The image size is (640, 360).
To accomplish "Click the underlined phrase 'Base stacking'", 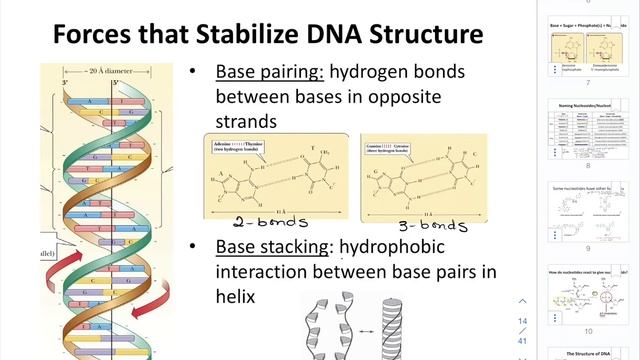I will pyautogui.click(x=273, y=247).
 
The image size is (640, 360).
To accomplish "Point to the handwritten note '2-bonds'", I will pyautogui.click(x=270, y=223).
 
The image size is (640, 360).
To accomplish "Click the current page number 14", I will pyautogui.click(x=522, y=320).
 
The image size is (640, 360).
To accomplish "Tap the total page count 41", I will pyautogui.click(x=522, y=340).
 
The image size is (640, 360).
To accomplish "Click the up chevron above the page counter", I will pyautogui.click(x=522, y=301).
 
